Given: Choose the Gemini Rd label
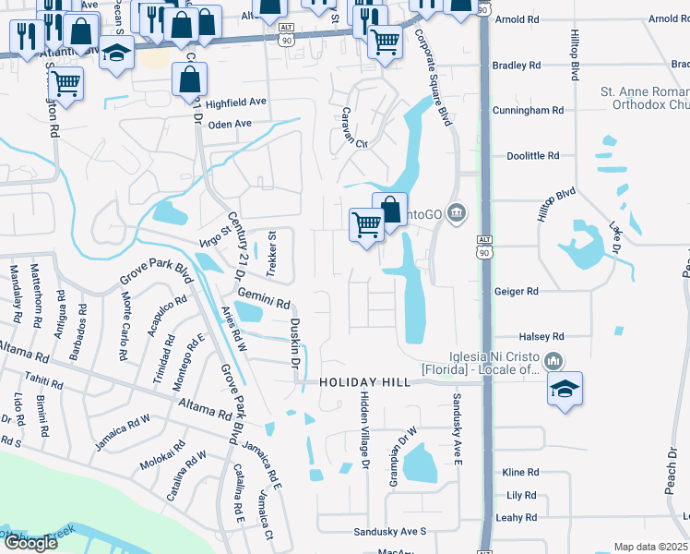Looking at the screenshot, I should click(x=264, y=297).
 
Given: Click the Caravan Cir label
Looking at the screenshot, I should click(x=350, y=144).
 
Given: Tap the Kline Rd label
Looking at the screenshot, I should click(x=520, y=472).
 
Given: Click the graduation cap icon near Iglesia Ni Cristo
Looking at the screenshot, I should click(x=565, y=388).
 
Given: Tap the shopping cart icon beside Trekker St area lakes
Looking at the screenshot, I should click(x=367, y=225).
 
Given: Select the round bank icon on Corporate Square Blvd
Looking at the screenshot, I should click(x=455, y=214).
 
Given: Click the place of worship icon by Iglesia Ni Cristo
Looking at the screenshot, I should click(x=553, y=359).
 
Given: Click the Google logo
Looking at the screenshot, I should click(x=30, y=543).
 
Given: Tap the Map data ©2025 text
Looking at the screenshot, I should click(x=649, y=547).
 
